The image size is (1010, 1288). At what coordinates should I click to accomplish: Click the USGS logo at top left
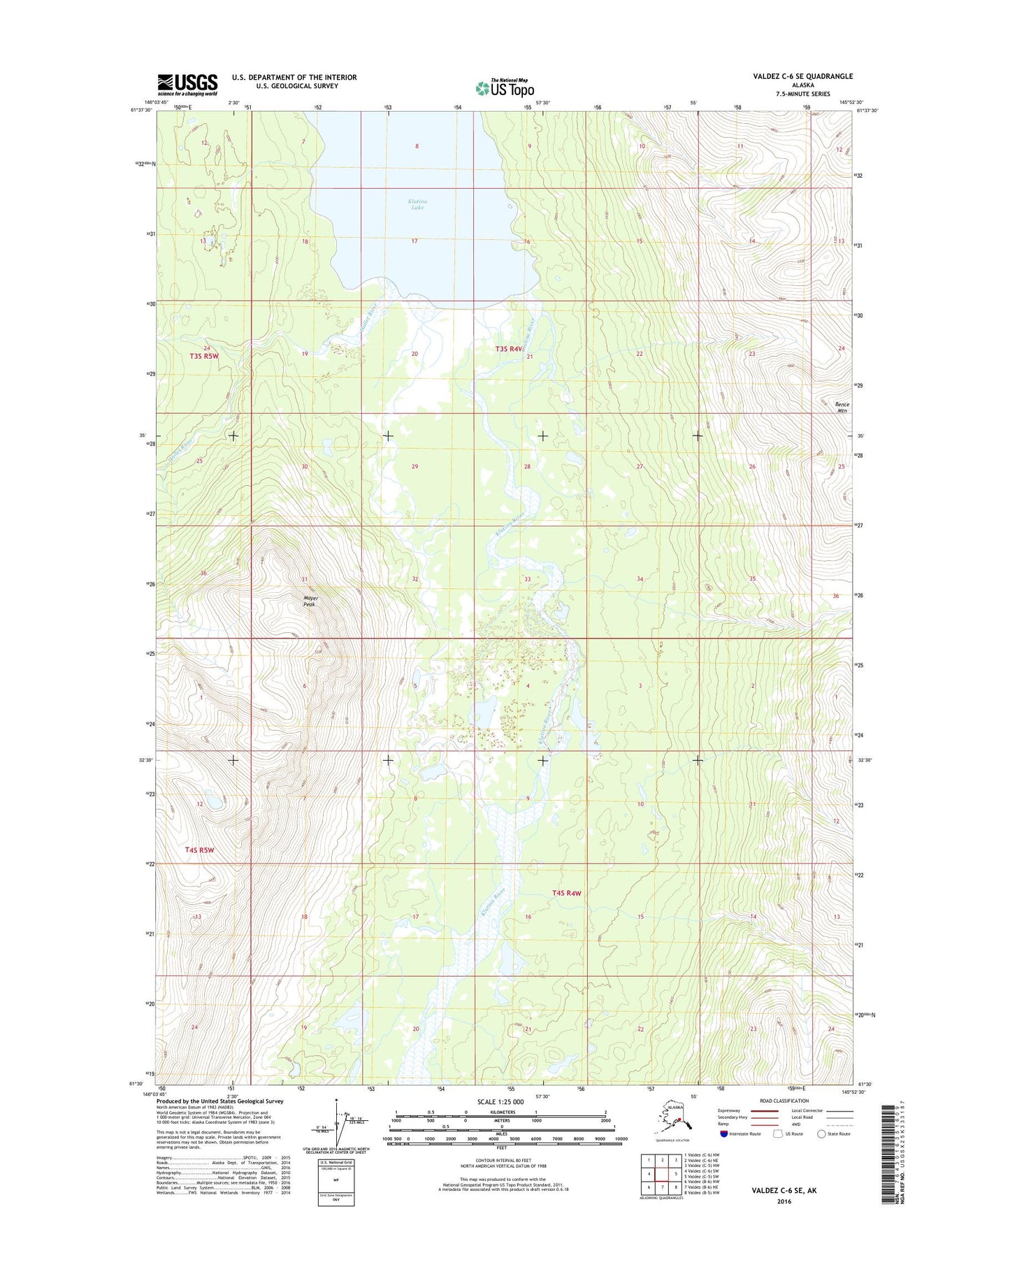187,85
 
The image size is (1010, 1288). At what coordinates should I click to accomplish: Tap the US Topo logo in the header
505,87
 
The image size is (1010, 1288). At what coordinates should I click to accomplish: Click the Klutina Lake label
417,204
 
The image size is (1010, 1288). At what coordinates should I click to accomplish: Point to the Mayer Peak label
310,601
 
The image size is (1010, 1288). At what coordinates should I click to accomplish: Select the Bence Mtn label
842,408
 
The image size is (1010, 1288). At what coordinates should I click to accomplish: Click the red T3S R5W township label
204,356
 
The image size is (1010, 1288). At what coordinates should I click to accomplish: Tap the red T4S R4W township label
566,893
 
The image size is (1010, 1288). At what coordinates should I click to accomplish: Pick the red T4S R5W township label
199,850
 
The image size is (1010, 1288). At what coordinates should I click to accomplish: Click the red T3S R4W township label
509,348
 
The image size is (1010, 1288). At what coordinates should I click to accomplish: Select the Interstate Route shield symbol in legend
724,1133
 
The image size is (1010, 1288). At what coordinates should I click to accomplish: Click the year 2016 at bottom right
784,1201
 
